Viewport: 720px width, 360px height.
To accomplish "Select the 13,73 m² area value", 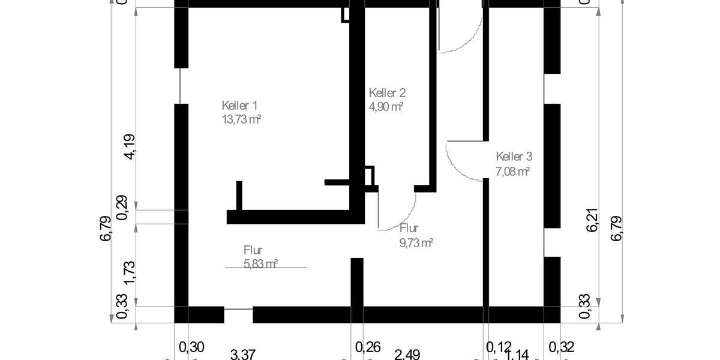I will click(241, 119).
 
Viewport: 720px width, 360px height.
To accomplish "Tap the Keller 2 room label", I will click(388, 93).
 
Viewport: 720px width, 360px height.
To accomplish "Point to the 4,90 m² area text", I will click(386, 107).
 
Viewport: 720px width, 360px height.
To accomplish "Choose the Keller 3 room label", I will click(514, 157).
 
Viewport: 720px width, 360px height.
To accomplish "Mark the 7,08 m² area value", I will click(512, 171).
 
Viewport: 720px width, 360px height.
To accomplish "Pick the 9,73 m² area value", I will click(416, 242).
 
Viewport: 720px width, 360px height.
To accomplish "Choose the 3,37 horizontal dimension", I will click(243, 354).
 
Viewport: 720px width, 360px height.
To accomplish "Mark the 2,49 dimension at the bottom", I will click(407, 354).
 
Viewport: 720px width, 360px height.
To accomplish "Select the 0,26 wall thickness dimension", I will click(368, 346).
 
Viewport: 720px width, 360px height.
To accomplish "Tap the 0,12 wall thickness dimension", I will click(499, 346).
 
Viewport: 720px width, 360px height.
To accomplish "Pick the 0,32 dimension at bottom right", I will click(562, 346).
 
